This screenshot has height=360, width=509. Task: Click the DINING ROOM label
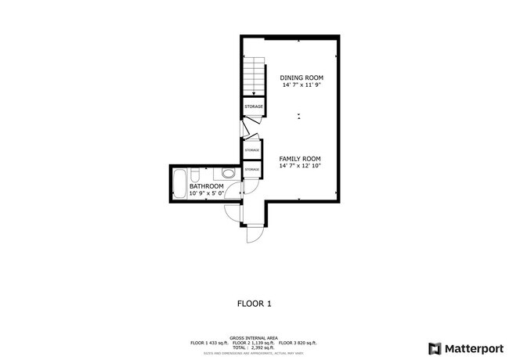pyautogui.click(x=301, y=78)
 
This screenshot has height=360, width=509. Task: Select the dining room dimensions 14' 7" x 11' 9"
pyautogui.click(x=301, y=85)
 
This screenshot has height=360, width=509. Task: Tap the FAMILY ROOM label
pyautogui.click(x=301, y=158)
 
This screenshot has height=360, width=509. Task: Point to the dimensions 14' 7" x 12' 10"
pyautogui.click(x=301, y=165)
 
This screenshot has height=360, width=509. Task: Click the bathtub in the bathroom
pyautogui.click(x=179, y=185)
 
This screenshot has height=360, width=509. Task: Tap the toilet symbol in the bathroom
pyautogui.click(x=229, y=173)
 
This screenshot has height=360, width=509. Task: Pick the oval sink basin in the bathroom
pyautogui.click(x=195, y=174)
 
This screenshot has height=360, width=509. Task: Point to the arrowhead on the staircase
pyautogui.click(x=254, y=92)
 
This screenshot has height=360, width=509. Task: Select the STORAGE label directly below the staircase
pyautogui.click(x=254, y=106)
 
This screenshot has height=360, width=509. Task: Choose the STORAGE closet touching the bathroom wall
pyautogui.click(x=251, y=169)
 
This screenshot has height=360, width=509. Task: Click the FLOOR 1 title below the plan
pyautogui.click(x=254, y=303)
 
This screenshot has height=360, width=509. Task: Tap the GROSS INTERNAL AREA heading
pyautogui.click(x=254, y=338)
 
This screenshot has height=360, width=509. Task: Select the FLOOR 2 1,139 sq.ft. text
pyautogui.click(x=254, y=343)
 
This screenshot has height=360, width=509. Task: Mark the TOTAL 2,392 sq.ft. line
pyautogui.click(x=254, y=347)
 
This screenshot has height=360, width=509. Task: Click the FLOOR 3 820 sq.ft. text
pyautogui.click(x=298, y=343)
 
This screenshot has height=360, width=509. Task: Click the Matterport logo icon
pyautogui.click(x=434, y=348)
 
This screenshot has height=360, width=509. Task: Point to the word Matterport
pyautogui.click(x=470, y=348)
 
